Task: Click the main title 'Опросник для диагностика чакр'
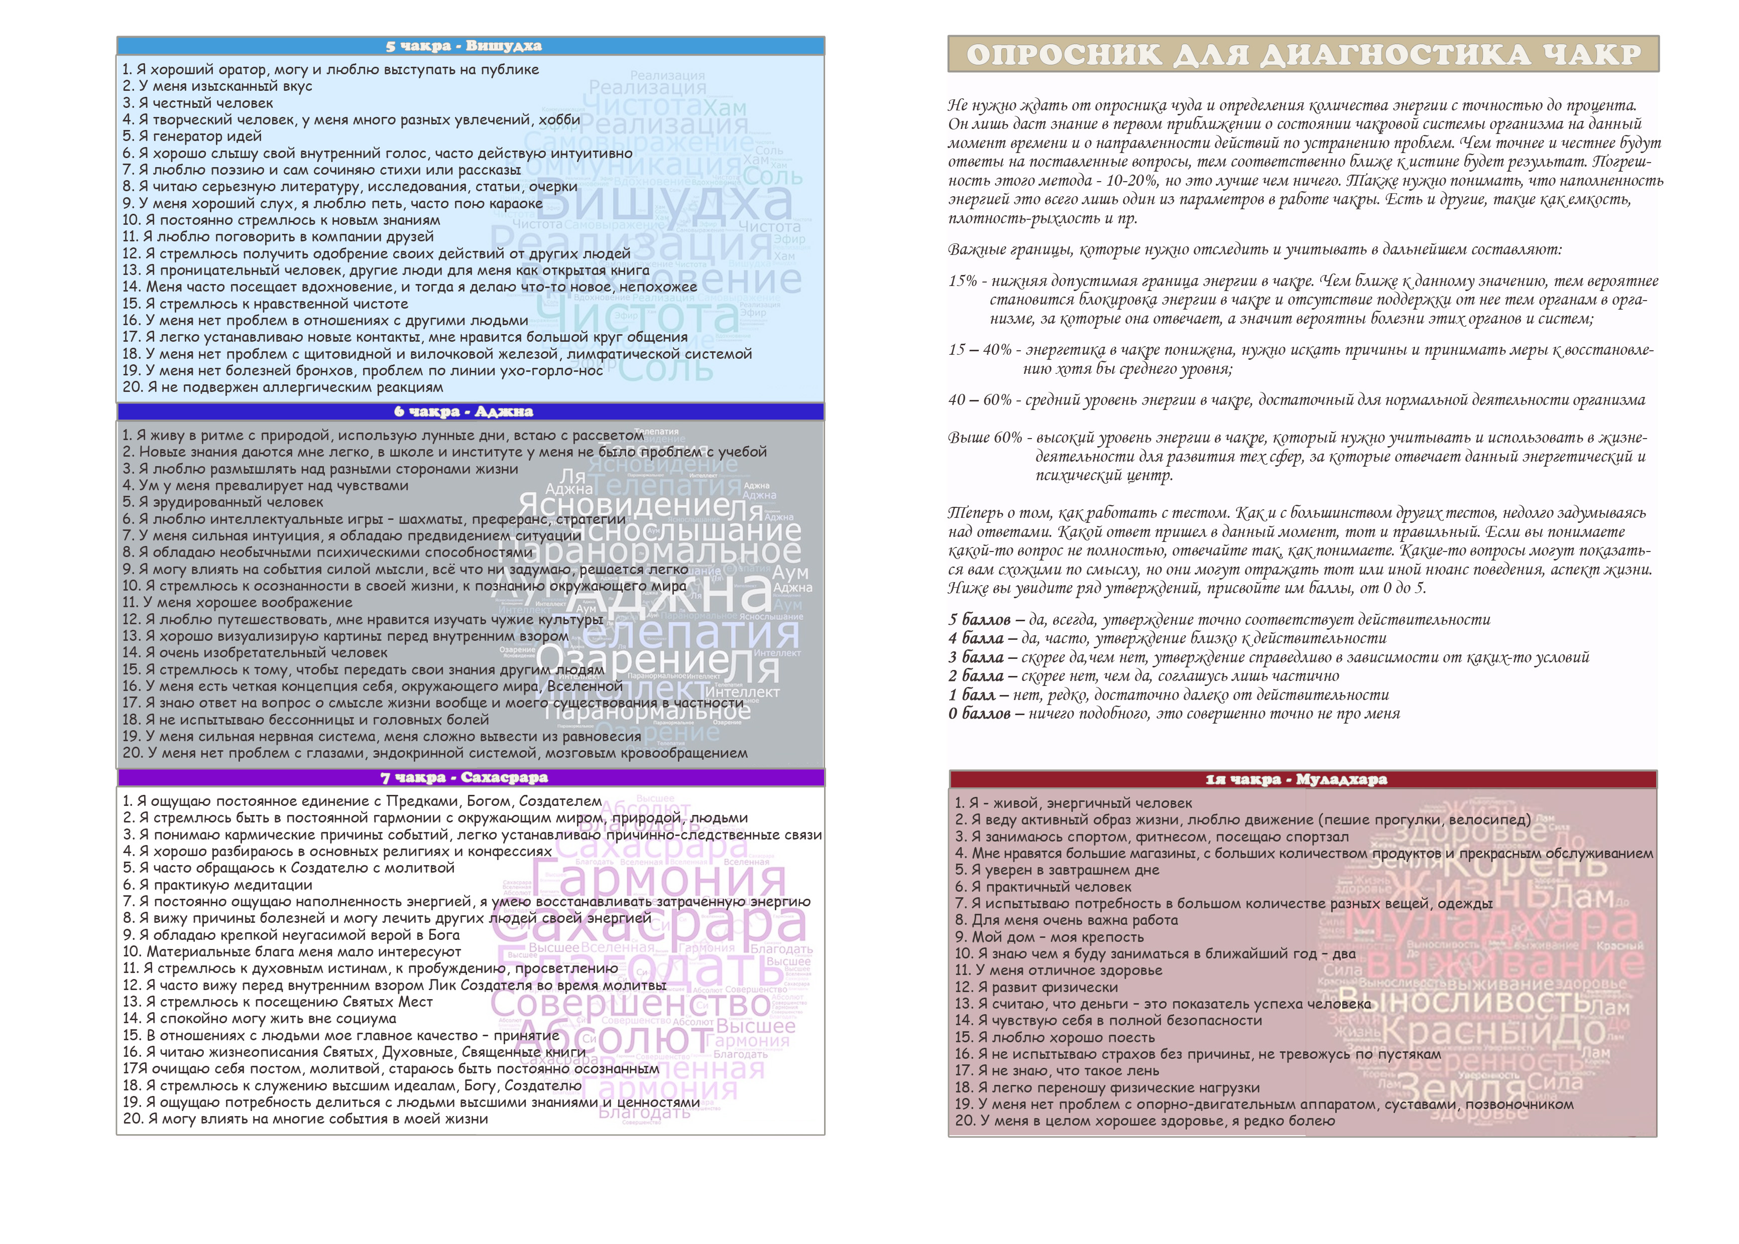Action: (x=1303, y=54)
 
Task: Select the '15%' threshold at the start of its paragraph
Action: (x=963, y=281)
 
